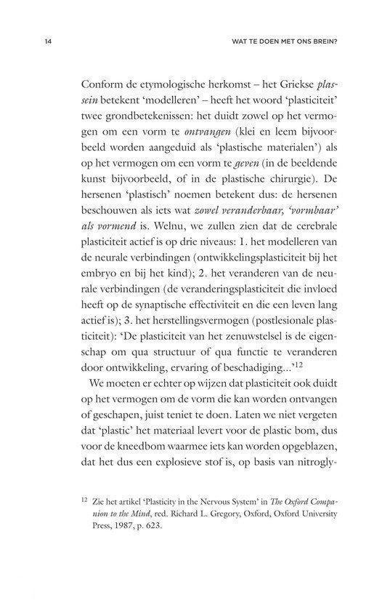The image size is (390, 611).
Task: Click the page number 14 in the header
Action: coord(47,42)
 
